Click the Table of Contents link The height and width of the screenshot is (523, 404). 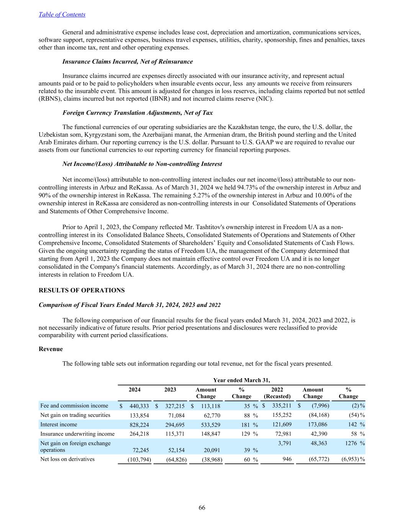[62, 15]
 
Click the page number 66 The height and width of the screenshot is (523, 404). [202, 508]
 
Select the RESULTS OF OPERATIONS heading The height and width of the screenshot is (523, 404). [82, 290]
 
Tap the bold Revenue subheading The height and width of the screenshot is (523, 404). [51, 349]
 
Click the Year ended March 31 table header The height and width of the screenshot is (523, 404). [241, 380]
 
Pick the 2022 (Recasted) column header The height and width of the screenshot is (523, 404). [277, 393]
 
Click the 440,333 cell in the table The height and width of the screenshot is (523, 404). [139, 406]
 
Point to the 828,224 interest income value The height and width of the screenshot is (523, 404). [139, 425]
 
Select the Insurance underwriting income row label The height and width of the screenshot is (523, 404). [77, 434]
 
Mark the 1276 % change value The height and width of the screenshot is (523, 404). [348, 443]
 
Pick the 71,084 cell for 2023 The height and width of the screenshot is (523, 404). [176, 415]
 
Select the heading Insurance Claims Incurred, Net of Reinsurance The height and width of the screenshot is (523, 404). [128, 62]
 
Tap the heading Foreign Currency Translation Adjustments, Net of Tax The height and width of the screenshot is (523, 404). [137, 113]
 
